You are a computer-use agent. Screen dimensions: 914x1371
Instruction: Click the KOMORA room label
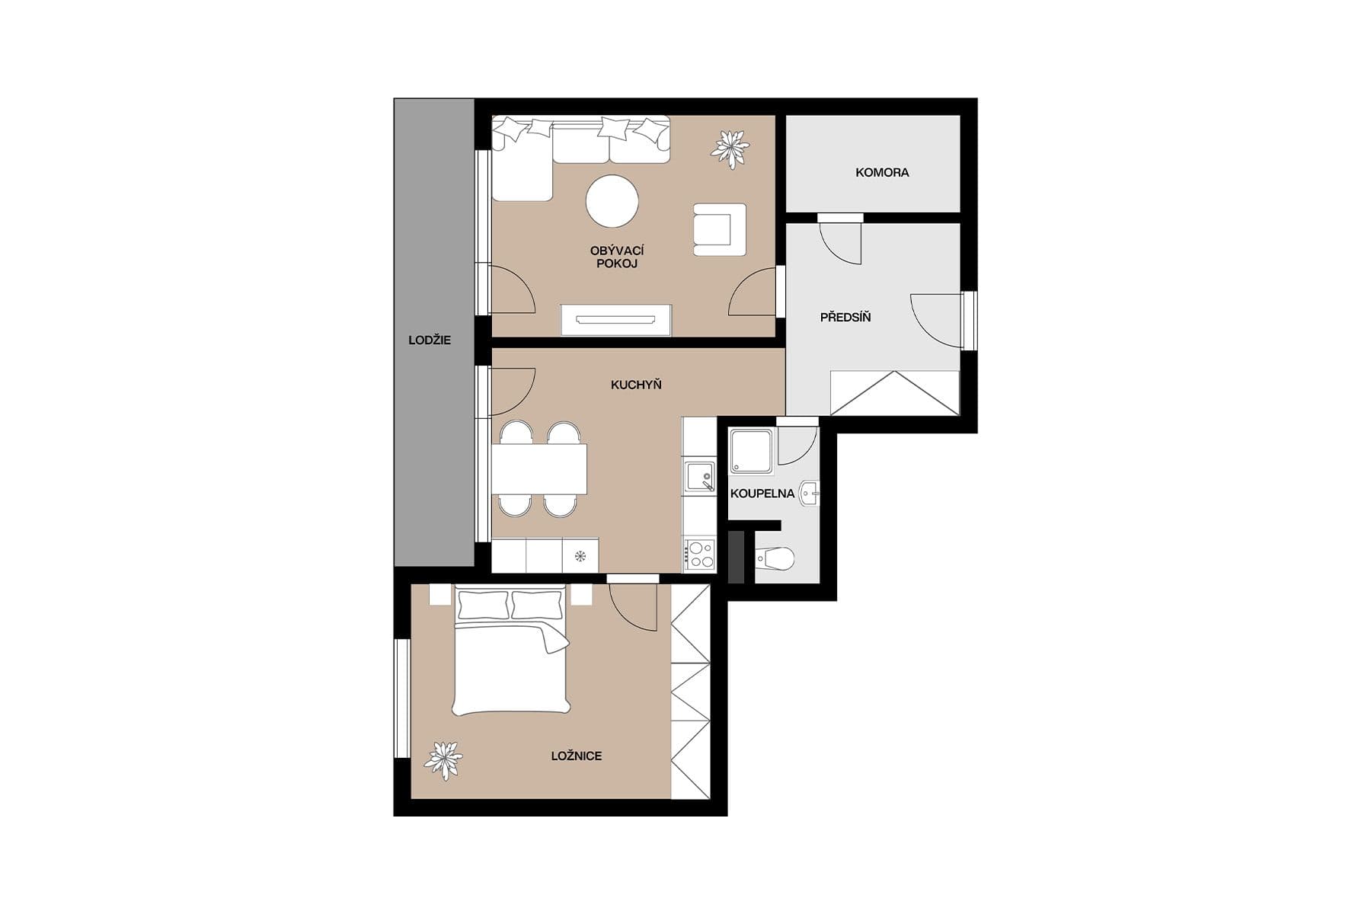tap(882, 173)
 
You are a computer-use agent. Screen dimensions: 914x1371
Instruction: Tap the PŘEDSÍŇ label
tap(845, 318)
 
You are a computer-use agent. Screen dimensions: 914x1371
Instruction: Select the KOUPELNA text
tap(762, 494)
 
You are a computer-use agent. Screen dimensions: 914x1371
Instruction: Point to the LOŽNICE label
tap(577, 756)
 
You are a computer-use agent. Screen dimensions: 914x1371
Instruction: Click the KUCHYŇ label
tap(636, 385)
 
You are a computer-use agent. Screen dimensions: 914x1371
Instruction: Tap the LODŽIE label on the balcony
tap(430, 340)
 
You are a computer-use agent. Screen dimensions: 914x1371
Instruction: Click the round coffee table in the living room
tap(612, 201)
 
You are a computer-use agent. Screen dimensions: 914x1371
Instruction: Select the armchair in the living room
tap(718, 229)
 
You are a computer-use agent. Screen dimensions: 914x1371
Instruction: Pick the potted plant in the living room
tap(730, 148)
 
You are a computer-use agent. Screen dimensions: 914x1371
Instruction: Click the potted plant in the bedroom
tap(443, 759)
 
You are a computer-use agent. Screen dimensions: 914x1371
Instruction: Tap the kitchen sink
tap(700, 477)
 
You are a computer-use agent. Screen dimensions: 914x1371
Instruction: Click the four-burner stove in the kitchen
tap(699, 554)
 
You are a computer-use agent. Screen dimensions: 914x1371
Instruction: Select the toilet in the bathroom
tap(775, 560)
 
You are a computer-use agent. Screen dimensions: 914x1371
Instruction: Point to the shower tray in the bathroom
tap(752, 452)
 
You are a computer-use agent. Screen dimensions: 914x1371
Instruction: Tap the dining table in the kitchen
tap(538, 469)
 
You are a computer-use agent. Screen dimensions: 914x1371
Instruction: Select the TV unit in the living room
tap(616, 320)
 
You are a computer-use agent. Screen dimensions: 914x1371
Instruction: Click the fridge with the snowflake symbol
tap(580, 555)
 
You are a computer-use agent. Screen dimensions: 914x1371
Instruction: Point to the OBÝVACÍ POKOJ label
tap(617, 257)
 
